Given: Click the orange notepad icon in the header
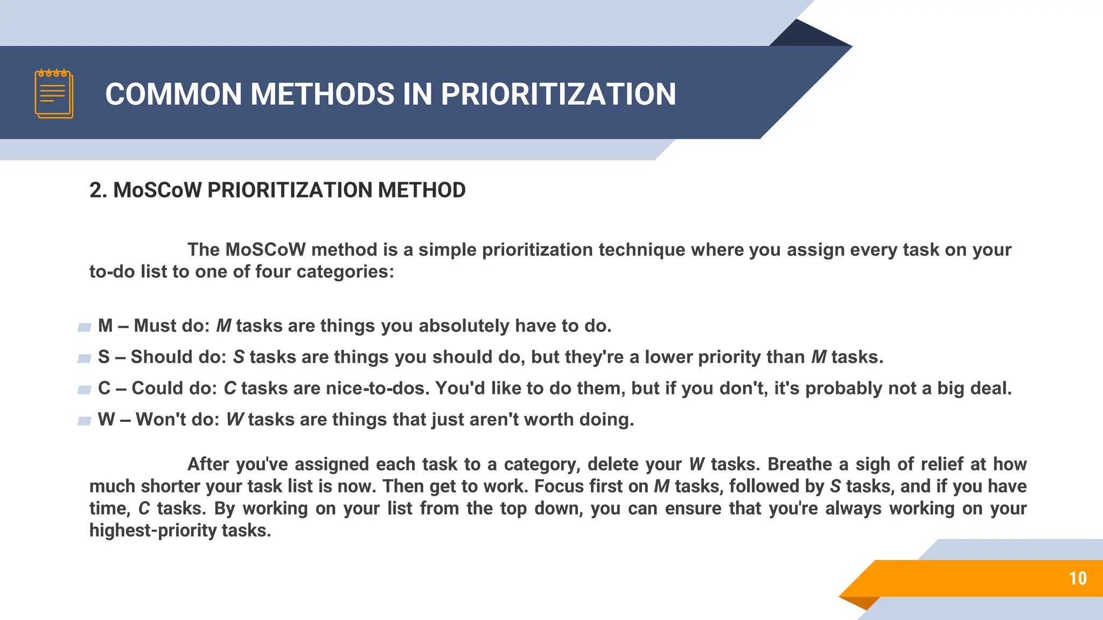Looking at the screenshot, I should click(x=54, y=94).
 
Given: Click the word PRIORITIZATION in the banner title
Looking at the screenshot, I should click(x=558, y=94).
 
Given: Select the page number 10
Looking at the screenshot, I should click(x=1077, y=579).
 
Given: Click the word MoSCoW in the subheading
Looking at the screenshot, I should click(x=157, y=191).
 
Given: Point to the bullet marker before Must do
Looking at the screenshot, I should click(x=84, y=327).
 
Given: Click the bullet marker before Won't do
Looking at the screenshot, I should click(x=84, y=421).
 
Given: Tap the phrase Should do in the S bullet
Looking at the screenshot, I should click(x=178, y=357).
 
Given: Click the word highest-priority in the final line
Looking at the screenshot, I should click(x=153, y=531).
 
